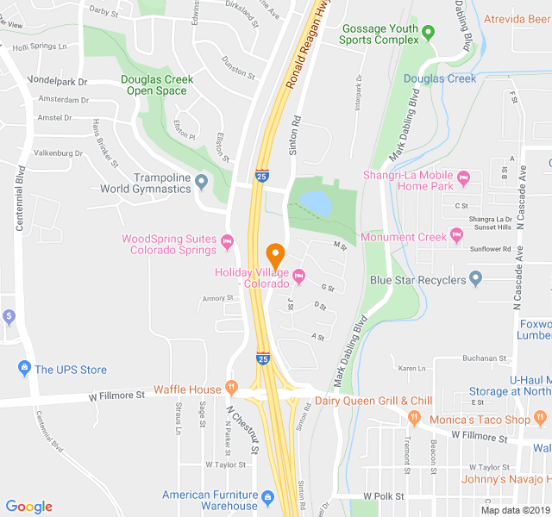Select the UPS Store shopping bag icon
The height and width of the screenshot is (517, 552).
(x=24, y=370)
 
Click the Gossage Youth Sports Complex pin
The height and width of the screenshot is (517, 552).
(x=429, y=34)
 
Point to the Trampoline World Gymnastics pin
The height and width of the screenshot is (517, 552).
(x=202, y=182)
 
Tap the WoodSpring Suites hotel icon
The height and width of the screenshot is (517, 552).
(x=228, y=240)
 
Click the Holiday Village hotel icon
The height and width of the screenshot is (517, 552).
(x=299, y=277)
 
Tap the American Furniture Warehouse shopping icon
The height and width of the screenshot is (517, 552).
(x=267, y=496)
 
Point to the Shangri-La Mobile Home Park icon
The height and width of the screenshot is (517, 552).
(x=463, y=179)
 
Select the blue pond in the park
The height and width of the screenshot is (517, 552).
(x=314, y=203)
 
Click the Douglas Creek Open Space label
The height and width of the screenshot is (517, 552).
(x=157, y=84)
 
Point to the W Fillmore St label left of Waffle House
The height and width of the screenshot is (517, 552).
(x=116, y=396)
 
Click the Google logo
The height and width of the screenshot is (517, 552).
(x=29, y=507)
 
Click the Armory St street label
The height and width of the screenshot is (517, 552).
(x=218, y=298)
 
